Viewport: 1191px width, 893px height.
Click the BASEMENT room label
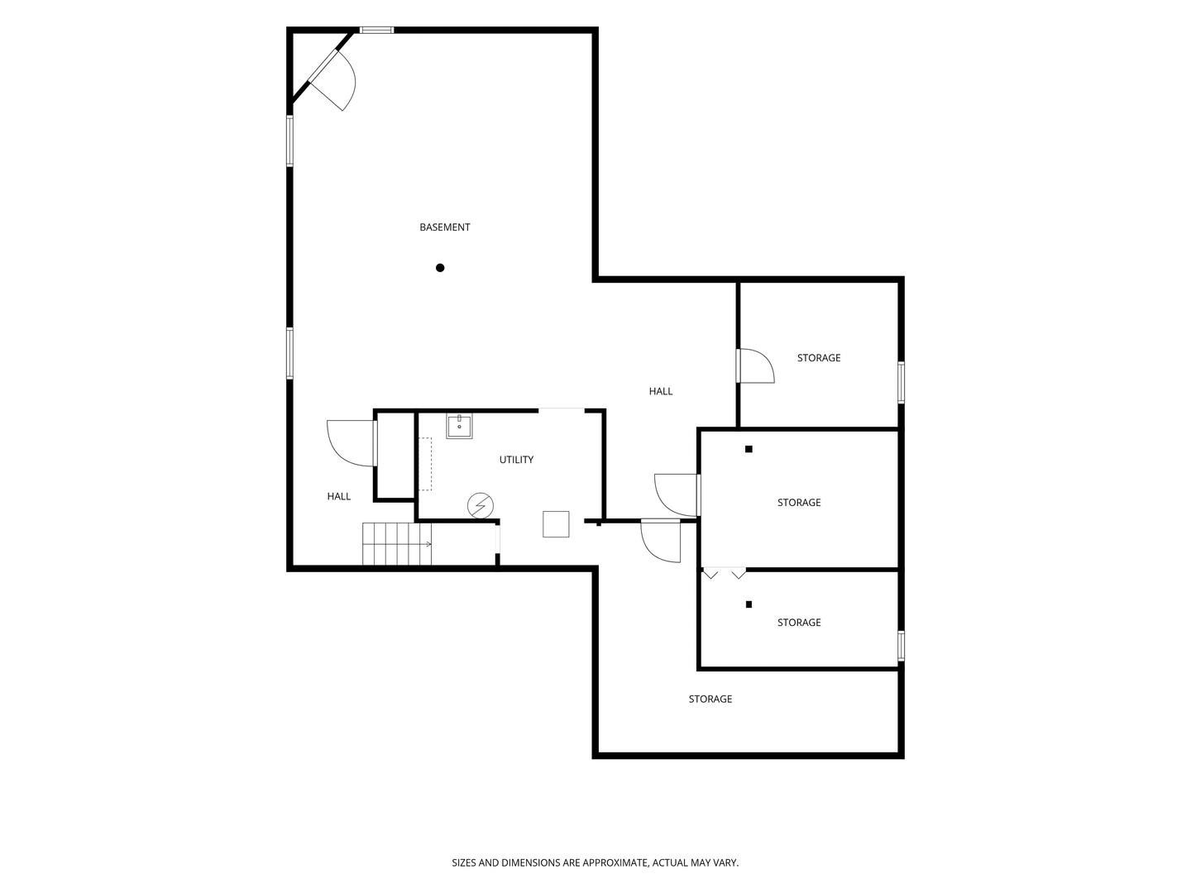tap(444, 227)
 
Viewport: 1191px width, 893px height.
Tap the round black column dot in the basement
tap(440, 267)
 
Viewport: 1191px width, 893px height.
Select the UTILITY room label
tap(516, 460)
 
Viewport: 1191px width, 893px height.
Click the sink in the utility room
tap(459, 426)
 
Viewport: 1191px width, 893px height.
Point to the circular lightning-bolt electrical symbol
tap(481, 505)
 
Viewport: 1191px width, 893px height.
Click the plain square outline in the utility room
tap(556, 523)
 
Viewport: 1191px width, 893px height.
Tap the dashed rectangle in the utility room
tap(425, 464)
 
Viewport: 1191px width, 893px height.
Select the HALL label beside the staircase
tap(338, 496)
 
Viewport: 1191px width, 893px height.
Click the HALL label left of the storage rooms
tap(660, 391)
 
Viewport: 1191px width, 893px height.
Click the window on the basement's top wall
tap(376, 30)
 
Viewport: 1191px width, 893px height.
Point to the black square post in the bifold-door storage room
tap(749, 604)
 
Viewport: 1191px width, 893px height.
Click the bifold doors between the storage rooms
tap(725, 572)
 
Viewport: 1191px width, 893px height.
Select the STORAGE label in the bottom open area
tap(710, 699)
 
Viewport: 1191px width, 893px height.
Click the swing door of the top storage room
tap(755, 365)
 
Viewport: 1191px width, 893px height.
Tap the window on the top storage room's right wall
tap(901, 382)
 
